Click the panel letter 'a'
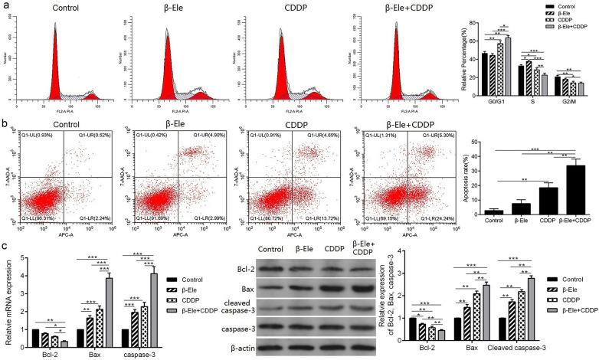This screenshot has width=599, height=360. pos(5,6)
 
